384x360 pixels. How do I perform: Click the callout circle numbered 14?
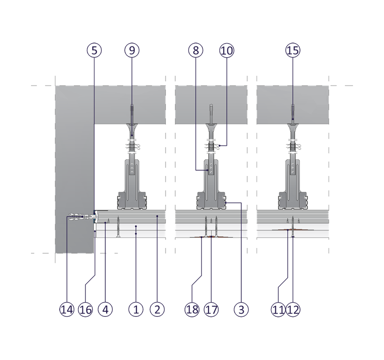[67, 309]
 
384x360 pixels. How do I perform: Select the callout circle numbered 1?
[136, 309]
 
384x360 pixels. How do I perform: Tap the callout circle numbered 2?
[157, 309]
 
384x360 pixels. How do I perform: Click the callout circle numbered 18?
[192, 309]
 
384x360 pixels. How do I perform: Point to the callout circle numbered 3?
[242, 309]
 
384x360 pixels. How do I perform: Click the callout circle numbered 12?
[293, 309]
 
